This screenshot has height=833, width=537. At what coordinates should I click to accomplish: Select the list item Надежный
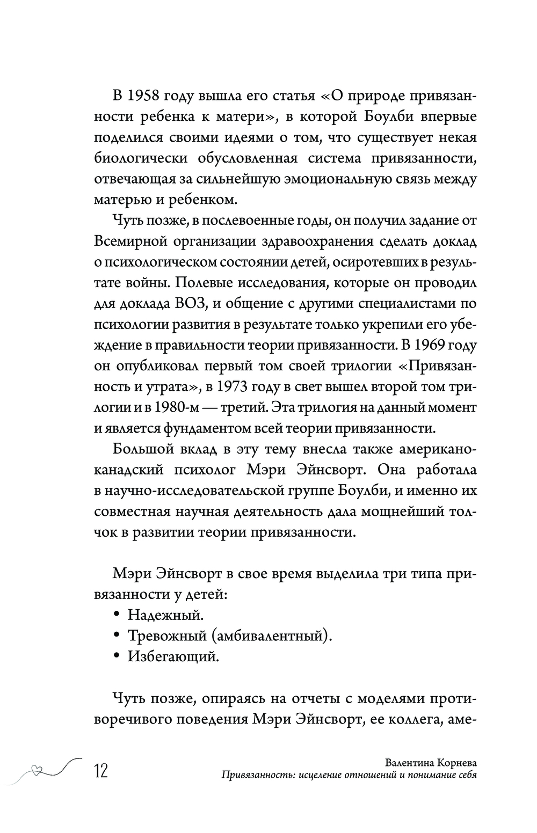tap(166, 614)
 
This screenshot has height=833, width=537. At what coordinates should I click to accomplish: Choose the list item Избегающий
tap(173, 656)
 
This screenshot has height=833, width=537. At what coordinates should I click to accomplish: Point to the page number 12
tap(100, 771)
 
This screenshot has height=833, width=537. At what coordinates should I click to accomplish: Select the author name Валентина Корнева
tap(432, 763)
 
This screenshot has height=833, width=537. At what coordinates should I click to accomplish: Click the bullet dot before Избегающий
tap(117, 656)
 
